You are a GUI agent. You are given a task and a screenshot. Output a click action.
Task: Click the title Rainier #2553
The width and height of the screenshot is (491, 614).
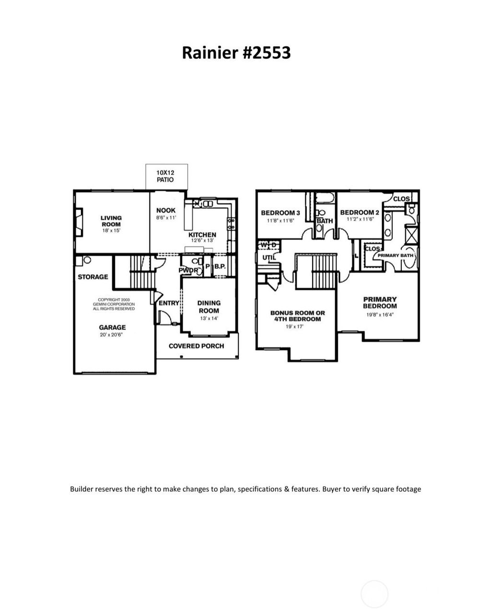236,53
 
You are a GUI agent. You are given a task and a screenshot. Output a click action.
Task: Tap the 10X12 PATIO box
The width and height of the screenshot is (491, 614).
166,176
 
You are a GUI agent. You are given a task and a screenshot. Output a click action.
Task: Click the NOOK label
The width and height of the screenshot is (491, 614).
166,210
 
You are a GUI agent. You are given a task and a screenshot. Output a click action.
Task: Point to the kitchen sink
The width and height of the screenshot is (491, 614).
207,204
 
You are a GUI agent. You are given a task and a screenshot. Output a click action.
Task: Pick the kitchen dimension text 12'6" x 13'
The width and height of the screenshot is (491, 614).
202,241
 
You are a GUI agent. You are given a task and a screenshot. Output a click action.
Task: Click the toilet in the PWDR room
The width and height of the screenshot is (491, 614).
194,262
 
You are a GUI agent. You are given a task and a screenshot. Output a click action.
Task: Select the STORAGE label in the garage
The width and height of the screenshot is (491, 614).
93,277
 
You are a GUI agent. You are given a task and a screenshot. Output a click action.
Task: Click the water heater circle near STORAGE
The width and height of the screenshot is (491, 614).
87,260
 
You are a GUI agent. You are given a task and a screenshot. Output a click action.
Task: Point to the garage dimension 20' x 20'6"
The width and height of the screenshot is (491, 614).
112,335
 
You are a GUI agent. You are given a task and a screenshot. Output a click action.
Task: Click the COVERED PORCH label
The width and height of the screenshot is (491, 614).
196,346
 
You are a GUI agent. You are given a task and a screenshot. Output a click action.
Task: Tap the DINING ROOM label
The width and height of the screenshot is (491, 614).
209,307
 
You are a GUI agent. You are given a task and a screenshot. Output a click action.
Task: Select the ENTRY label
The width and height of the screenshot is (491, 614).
168,303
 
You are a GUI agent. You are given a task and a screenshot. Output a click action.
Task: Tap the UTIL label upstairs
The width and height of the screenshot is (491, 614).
268,258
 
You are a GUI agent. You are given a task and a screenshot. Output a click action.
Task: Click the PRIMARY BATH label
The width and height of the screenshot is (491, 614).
395,255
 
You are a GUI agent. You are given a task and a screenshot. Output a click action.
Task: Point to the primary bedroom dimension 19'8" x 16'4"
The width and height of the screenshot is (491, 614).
379,315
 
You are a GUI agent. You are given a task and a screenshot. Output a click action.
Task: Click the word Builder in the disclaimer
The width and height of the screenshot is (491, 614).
82,489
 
